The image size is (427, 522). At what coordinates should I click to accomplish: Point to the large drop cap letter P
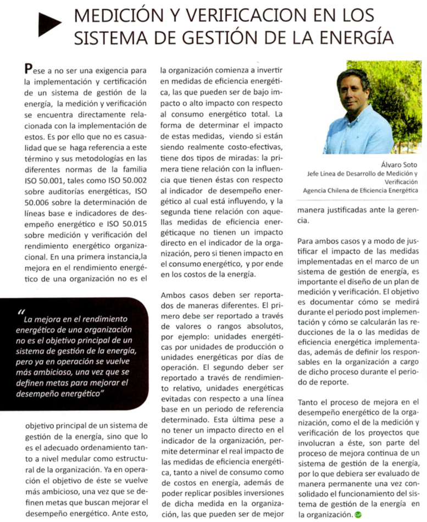[x=30, y=69]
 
